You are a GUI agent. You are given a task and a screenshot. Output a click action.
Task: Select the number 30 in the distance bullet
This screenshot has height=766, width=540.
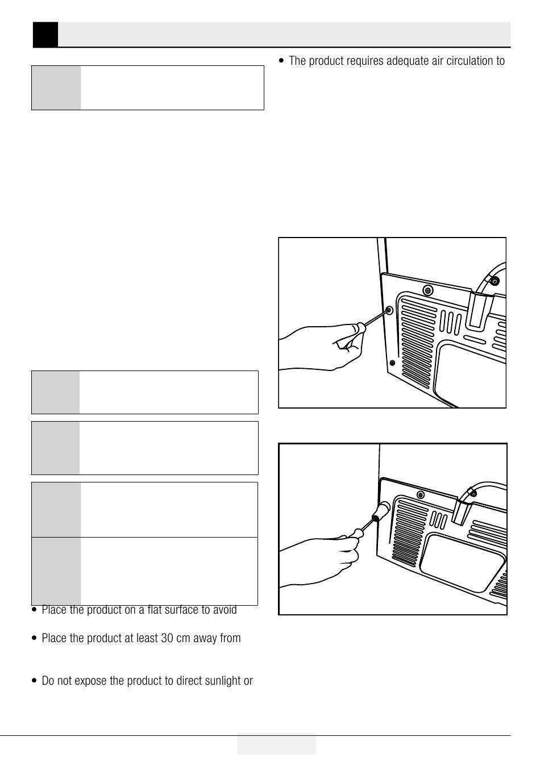point(167,638)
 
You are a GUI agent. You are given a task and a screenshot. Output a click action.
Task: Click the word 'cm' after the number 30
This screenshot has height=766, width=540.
point(183,639)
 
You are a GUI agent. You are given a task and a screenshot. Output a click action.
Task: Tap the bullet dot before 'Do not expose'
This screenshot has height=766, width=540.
point(34,681)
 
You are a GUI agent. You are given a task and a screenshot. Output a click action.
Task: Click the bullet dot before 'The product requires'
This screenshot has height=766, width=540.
point(281,61)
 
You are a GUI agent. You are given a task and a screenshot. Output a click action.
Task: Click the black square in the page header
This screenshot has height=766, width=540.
point(45,35)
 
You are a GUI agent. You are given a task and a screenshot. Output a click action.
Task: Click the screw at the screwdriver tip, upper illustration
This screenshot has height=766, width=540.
point(389,310)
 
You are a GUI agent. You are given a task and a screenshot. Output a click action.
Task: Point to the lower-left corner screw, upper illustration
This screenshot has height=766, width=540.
point(392,363)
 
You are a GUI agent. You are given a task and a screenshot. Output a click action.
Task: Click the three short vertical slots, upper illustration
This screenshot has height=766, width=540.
point(450,322)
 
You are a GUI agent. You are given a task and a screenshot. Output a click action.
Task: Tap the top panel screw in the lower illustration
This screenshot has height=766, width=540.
point(421,495)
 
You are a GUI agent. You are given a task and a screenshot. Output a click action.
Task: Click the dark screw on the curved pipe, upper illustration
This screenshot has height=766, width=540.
point(495,281)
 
